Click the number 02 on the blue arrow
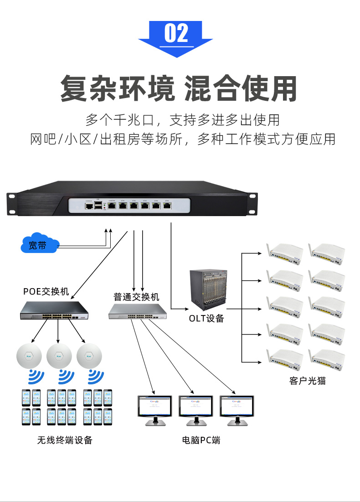[x=176, y=33]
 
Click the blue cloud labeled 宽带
[x=39, y=245]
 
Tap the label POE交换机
[x=46, y=291]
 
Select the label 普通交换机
[x=136, y=297]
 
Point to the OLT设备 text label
[x=206, y=318]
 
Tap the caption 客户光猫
[x=308, y=380]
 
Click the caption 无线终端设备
[x=65, y=440]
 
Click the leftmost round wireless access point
[x=29, y=356]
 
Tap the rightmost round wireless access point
[x=89, y=356]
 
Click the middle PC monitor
[x=196, y=407]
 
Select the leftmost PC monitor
[x=155, y=407]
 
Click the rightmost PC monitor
[x=237, y=407]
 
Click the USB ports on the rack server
[x=98, y=207]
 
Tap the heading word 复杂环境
[x=117, y=88]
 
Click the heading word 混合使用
[x=241, y=88]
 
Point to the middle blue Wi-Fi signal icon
[x=66, y=377]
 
